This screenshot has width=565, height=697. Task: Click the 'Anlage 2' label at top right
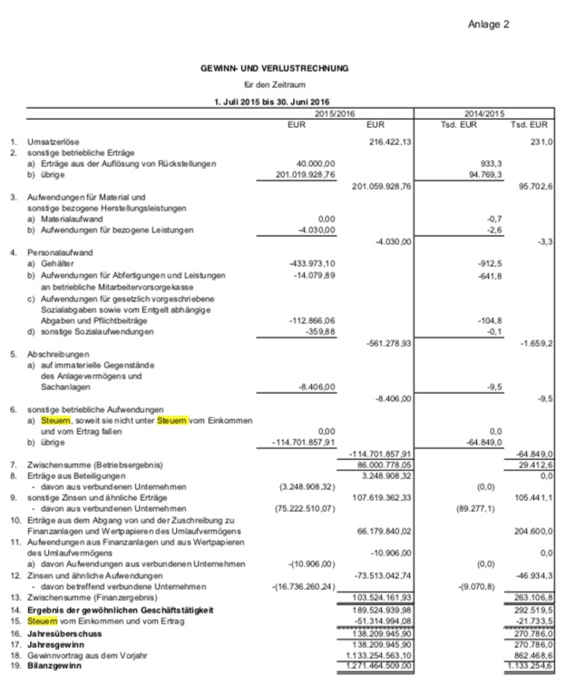tap(488, 25)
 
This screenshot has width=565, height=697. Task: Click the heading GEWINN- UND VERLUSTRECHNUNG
tap(274, 68)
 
